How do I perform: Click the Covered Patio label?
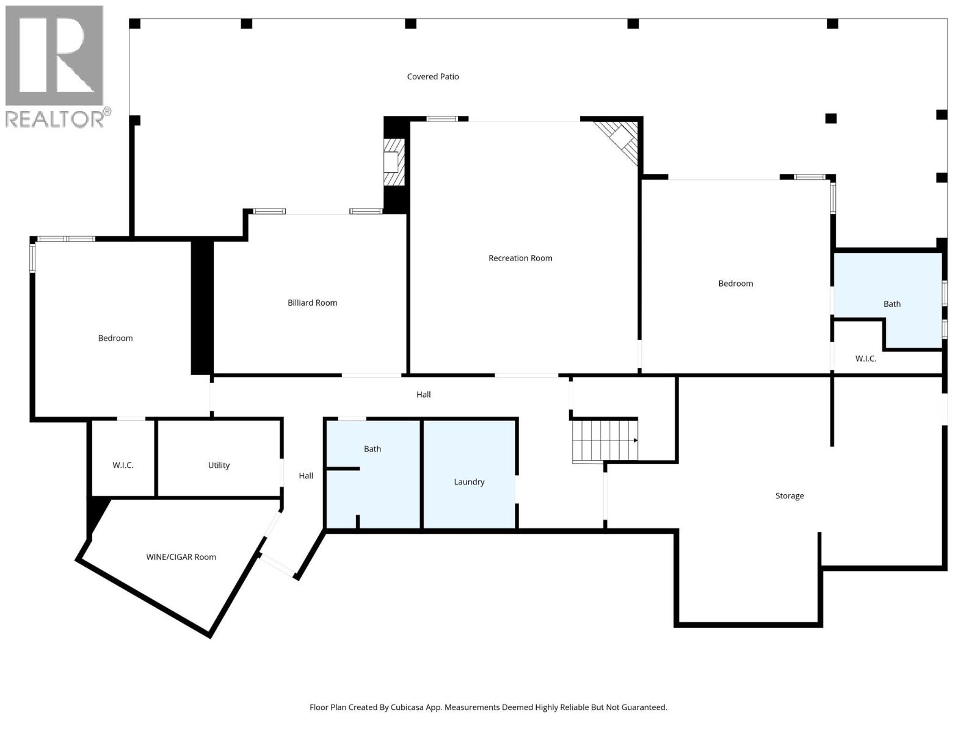point(433,76)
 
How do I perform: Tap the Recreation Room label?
point(520,258)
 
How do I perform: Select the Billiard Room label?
point(312,303)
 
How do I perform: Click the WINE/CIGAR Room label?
point(181,557)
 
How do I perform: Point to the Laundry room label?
point(469,482)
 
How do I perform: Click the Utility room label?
point(219,465)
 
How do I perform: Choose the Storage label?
point(790,496)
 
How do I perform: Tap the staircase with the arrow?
point(605,440)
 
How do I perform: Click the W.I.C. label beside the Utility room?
point(123,465)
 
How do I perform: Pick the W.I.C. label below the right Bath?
point(865,359)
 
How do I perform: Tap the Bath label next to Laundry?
point(372,449)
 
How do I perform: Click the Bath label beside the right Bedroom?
point(892,304)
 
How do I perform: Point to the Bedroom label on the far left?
point(115,338)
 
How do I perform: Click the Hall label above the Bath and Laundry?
point(423,395)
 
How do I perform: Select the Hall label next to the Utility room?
point(306,476)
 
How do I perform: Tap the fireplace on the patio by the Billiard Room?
point(394,162)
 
